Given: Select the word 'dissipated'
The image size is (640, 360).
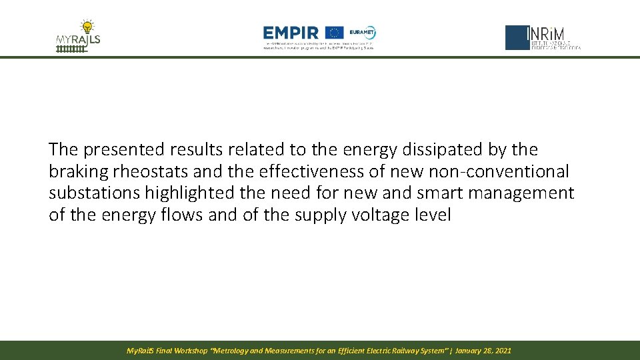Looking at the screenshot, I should click(x=411, y=150).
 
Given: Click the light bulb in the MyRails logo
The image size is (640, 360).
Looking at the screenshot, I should click(x=87, y=27).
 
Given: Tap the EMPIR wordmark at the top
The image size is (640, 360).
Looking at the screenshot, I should click(x=291, y=33).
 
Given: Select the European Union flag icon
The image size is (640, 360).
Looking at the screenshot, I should click(x=335, y=33).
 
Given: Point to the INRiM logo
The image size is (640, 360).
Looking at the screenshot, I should click(x=543, y=38).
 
